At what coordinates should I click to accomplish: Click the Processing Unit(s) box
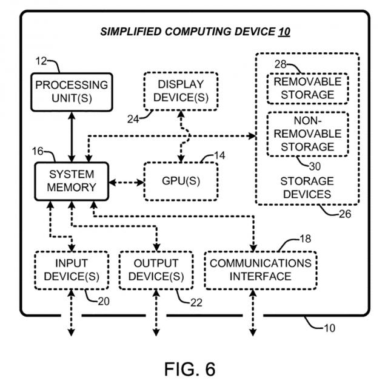(x=70, y=92)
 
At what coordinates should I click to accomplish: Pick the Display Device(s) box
(x=181, y=90)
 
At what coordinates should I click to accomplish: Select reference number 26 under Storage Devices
(x=344, y=212)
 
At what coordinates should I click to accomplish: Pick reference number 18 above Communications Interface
(x=306, y=239)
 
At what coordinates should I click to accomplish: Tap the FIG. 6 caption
(x=190, y=368)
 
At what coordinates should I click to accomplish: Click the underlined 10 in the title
(x=284, y=32)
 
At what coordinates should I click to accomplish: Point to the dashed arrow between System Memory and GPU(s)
(x=125, y=181)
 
